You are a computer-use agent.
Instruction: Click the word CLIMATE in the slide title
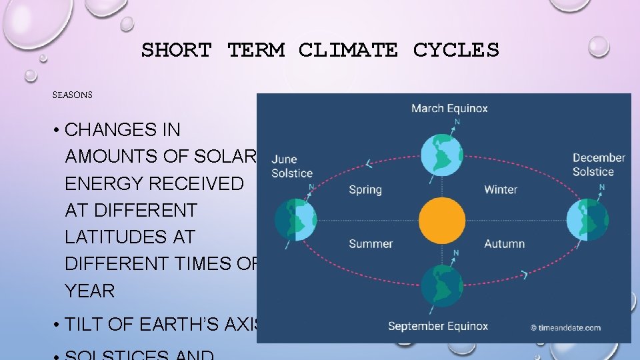point(348,50)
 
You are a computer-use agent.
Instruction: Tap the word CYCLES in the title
point(456,50)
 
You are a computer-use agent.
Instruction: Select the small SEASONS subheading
point(73,95)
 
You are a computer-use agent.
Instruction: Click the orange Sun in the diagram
point(441,219)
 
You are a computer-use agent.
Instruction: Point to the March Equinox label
point(449,108)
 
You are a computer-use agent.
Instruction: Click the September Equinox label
point(438,326)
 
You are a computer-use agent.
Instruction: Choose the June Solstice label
point(292,166)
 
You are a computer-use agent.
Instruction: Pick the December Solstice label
point(599,165)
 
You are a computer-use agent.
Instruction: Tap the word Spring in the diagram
point(365,190)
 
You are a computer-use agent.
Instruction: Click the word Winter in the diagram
point(501,190)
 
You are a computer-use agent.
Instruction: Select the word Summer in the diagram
point(371,244)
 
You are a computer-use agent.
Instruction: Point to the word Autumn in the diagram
point(505,244)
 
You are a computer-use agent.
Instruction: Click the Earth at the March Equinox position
point(441,154)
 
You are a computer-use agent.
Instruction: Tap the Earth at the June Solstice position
point(295,219)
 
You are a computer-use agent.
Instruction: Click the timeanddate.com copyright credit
point(565,327)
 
